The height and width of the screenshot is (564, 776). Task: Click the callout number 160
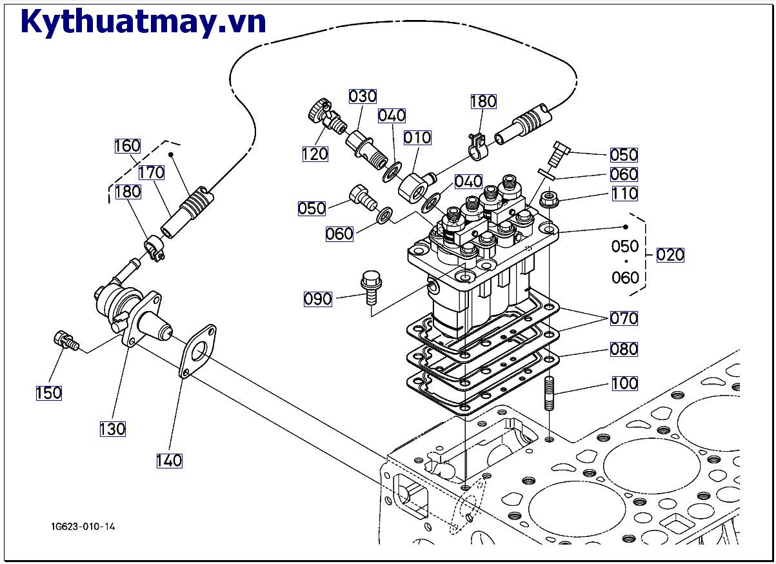click(127, 146)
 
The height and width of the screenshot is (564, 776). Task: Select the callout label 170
click(151, 172)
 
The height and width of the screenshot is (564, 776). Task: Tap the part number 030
click(363, 96)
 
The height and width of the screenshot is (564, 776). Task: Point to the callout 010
click(417, 137)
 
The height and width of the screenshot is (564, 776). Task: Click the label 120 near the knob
click(315, 154)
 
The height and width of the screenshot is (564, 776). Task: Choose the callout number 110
click(624, 193)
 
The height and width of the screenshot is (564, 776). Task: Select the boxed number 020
click(670, 254)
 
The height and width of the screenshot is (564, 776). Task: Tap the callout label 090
click(318, 299)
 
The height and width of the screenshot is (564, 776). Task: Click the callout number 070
click(624, 318)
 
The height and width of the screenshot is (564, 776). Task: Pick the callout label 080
click(624, 349)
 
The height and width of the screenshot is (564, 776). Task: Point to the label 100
click(624, 383)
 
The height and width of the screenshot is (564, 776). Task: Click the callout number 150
click(48, 392)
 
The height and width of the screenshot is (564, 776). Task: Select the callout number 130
click(112, 428)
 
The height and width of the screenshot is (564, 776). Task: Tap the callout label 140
click(169, 460)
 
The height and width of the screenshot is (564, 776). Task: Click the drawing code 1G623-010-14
click(83, 527)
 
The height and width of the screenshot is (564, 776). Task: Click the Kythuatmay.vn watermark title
click(143, 22)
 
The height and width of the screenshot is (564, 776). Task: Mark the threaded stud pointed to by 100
click(549, 394)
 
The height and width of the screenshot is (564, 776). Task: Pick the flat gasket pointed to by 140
click(197, 352)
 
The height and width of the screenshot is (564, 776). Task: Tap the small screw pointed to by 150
click(65, 339)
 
